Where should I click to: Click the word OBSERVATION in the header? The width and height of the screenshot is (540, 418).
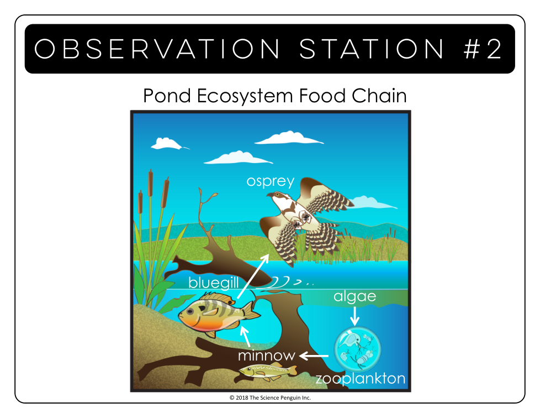click(x=157, y=49)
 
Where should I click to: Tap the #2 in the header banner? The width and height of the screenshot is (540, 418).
click(x=483, y=49)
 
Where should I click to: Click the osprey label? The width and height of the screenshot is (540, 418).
click(x=271, y=181)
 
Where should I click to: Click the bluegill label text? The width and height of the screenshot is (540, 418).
click(x=214, y=283)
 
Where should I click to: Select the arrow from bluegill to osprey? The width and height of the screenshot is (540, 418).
click(x=253, y=276)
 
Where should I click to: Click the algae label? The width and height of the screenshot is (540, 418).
click(x=354, y=296)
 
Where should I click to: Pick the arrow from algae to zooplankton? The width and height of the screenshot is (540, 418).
click(x=354, y=316)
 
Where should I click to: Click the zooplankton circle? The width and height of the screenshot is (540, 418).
click(x=357, y=349)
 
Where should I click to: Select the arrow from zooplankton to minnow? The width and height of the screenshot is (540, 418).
click(x=314, y=356)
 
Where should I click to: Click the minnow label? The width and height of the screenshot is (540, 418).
click(x=267, y=356)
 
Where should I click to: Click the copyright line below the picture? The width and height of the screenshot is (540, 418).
click(x=270, y=398)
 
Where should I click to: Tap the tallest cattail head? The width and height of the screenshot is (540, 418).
click(x=151, y=183)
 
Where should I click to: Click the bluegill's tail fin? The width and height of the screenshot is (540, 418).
click(x=252, y=310)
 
